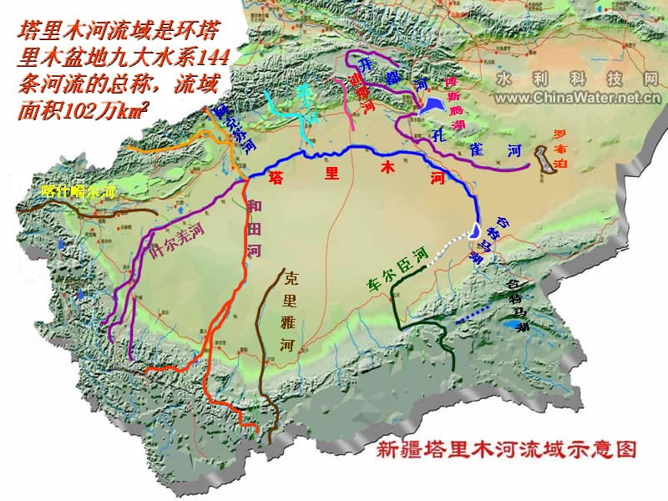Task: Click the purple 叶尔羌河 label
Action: tap(176, 240)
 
